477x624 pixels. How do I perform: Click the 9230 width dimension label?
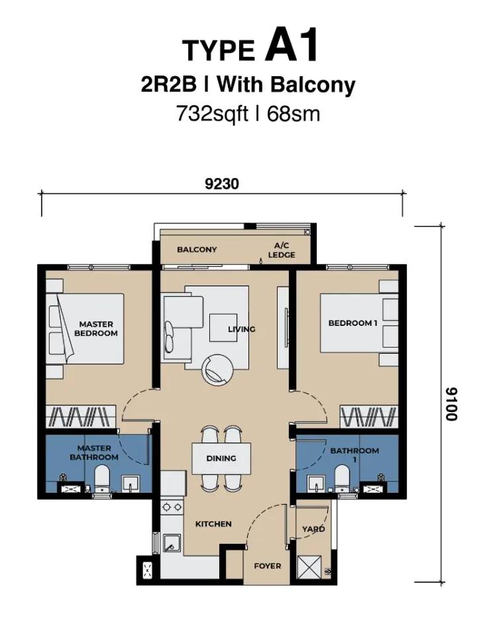pyautogui.click(x=222, y=184)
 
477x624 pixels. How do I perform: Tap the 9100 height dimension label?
pyautogui.click(x=451, y=404)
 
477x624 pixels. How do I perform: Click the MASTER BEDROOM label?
pyautogui.click(x=96, y=329)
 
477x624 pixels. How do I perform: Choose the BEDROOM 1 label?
pyautogui.click(x=352, y=323)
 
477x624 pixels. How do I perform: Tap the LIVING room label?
pyautogui.click(x=242, y=329)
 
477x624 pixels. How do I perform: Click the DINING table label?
pyautogui.click(x=221, y=458)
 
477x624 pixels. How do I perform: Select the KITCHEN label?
pyautogui.click(x=213, y=524)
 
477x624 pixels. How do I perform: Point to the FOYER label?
pyautogui.click(x=268, y=566)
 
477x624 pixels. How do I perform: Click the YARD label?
pyautogui.click(x=313, y=529)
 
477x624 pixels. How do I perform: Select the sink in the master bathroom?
pyautogui.click(x=131, y=484)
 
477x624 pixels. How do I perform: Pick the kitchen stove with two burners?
pyautogui.click(x=172, y=507)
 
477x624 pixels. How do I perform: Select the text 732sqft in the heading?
pyautogui.click(x=212, y=114)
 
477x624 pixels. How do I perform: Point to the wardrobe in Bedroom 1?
pyautogui.click(x=369, y=417)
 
